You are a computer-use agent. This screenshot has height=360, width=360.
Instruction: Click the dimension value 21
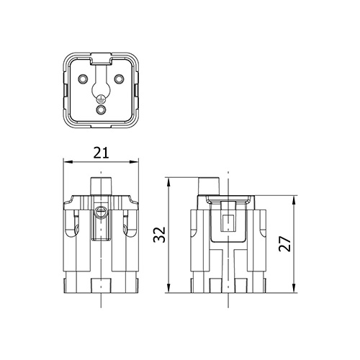tap(101, 153)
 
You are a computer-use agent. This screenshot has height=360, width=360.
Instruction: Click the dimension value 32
tap(160, 235)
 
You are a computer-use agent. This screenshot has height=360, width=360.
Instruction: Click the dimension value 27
tap(284, 244)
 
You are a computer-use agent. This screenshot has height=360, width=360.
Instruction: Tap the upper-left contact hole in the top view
tap(83, 78)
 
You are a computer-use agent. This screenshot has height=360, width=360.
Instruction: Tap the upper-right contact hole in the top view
tap(119, 78)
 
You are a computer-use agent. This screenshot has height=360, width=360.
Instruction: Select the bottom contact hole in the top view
tap(101, 110)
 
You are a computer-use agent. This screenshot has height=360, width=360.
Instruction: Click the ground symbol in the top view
tap(101, 99)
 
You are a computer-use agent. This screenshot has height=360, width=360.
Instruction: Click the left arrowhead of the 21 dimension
tap(68, 162)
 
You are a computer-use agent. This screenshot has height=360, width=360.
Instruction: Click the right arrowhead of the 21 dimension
tap(134, 162)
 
